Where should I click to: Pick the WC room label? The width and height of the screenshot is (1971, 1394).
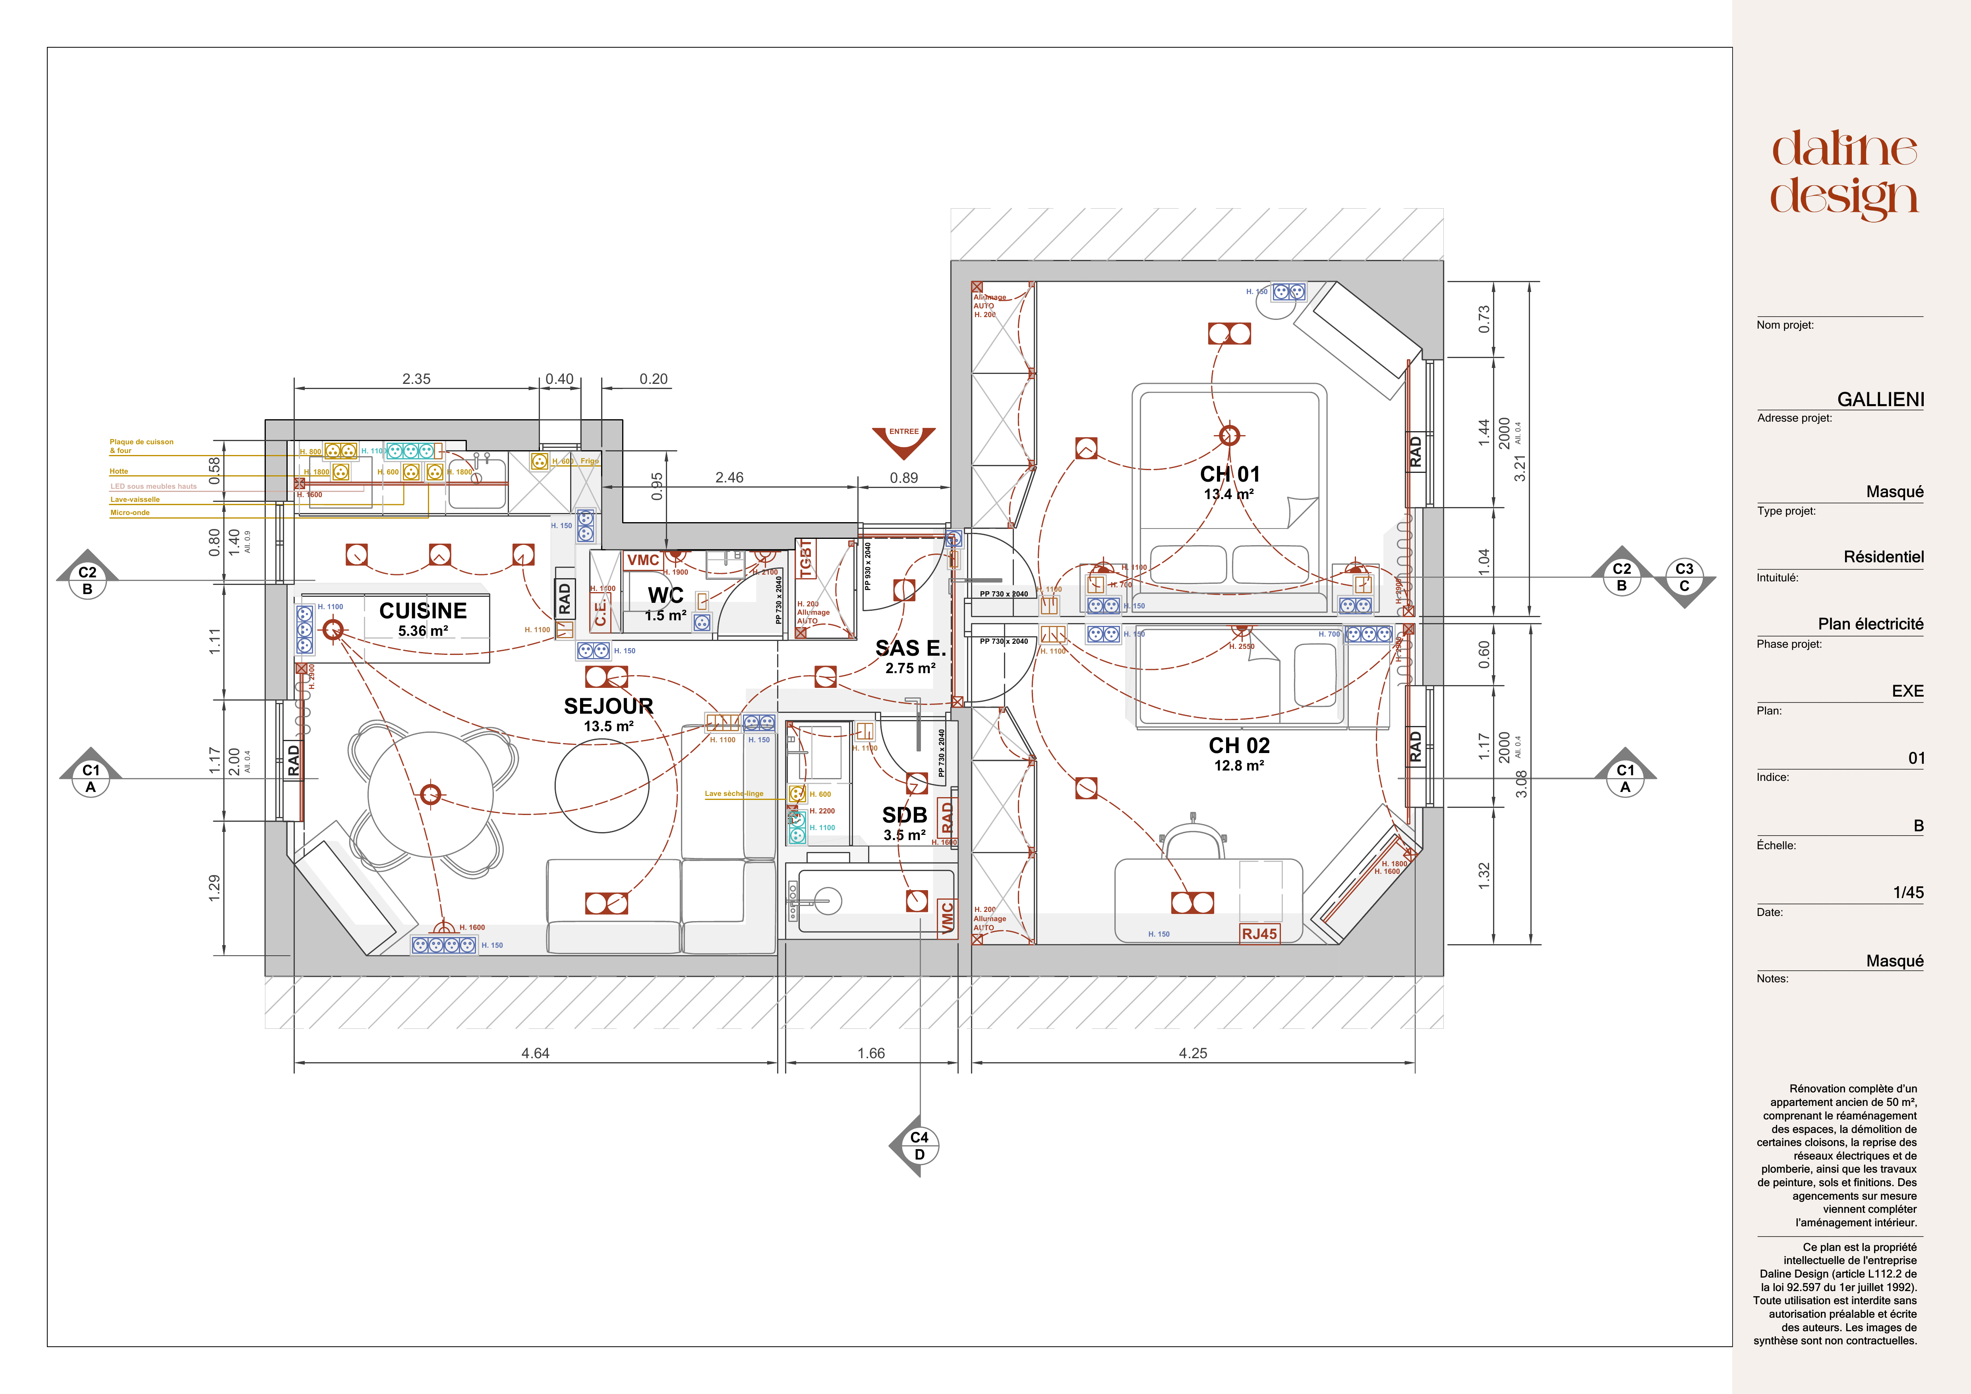click(x=665, y=595)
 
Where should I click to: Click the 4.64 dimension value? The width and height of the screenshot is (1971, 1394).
click(x=535, y=1053)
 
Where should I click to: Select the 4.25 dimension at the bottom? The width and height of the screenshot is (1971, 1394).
click(x=1192, y=1053)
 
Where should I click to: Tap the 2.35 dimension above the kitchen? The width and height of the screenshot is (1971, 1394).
click(x=416, y=379)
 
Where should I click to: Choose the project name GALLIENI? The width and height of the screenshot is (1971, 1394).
click(x=1880, y=399)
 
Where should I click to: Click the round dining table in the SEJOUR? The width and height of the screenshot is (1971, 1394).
click(x=431, y=794)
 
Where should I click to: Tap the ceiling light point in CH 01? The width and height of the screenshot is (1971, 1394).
click(x=1229, y=435)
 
